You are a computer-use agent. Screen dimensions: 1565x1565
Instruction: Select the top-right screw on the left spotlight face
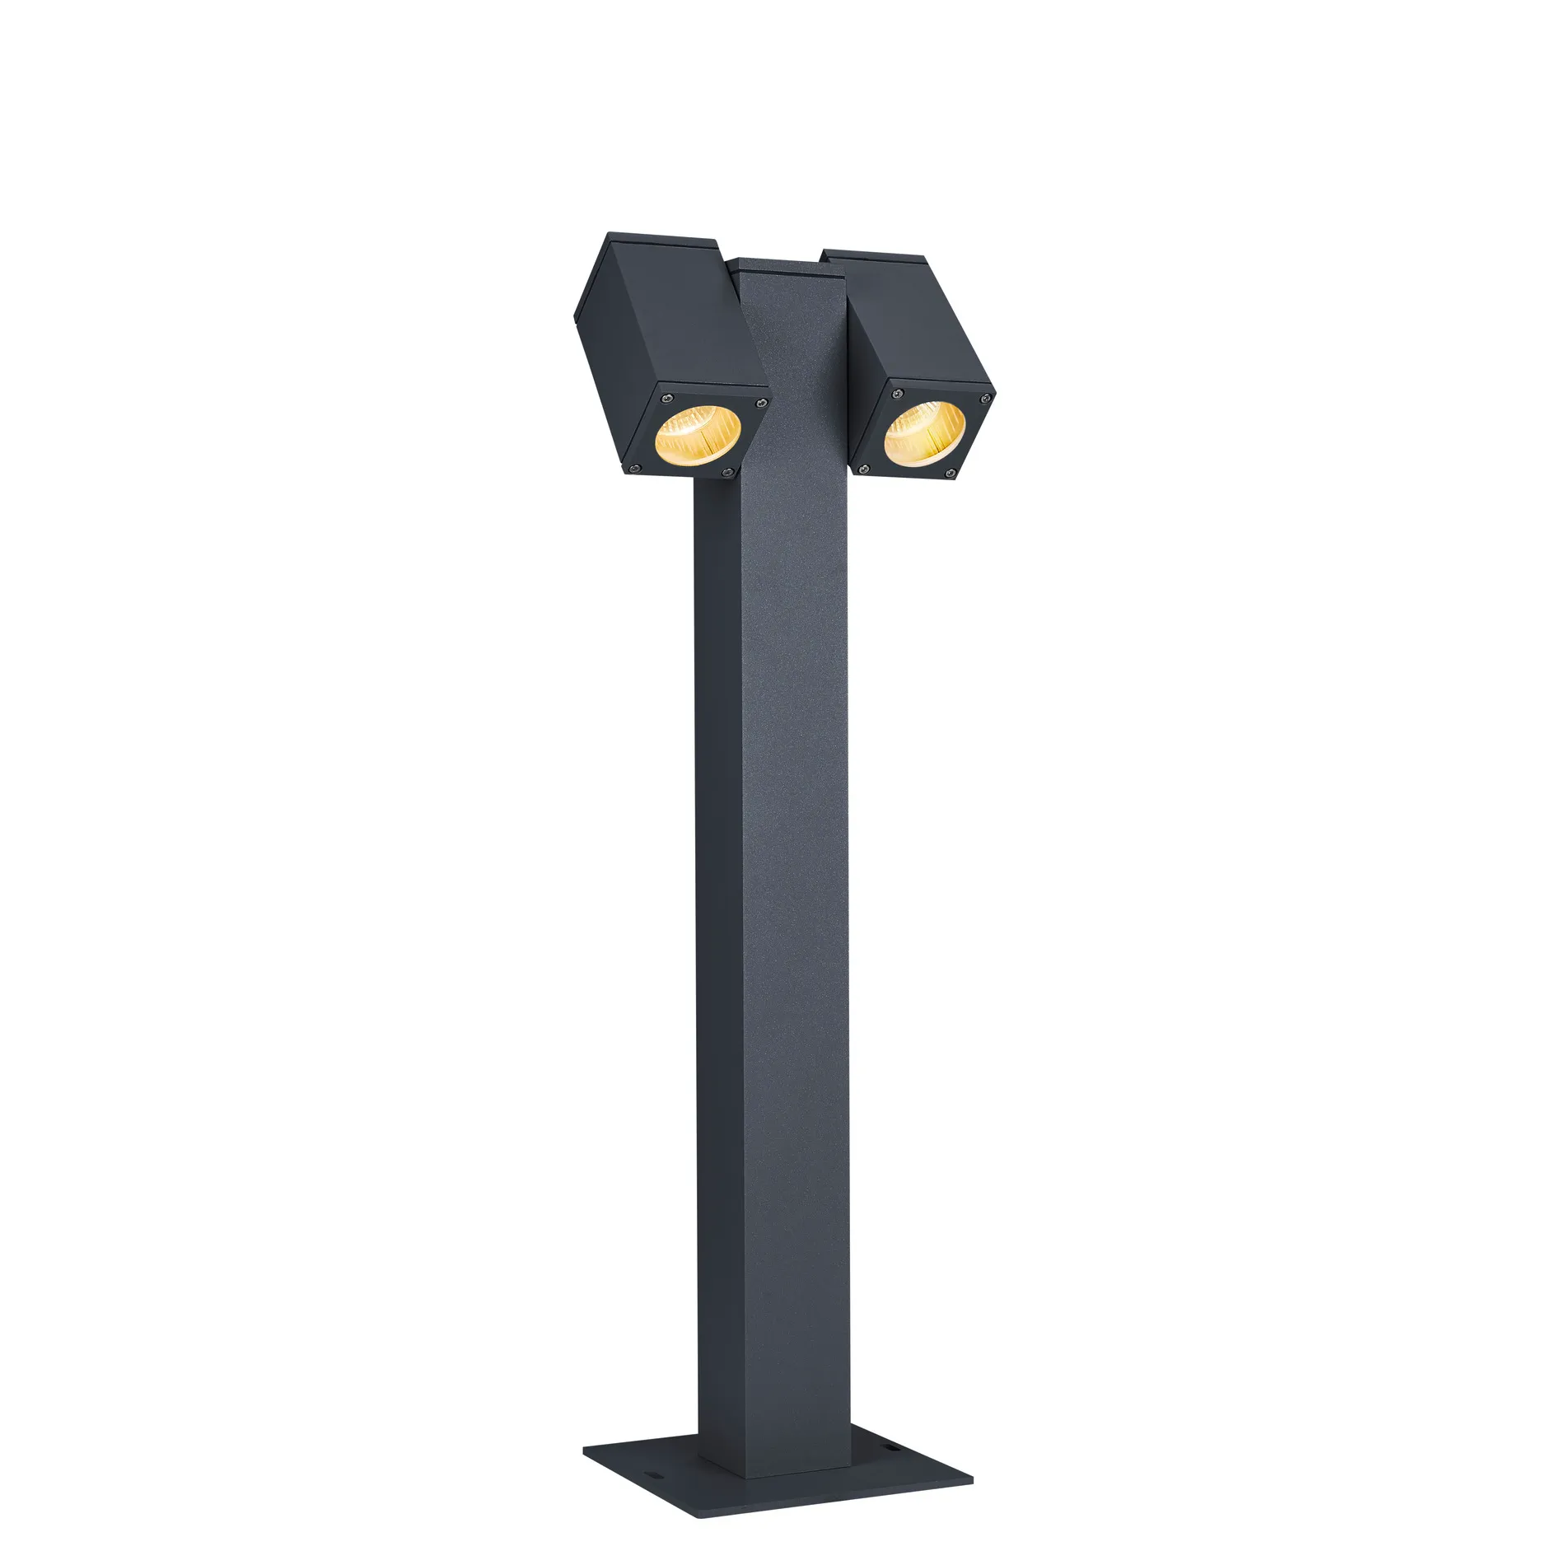point(762,403)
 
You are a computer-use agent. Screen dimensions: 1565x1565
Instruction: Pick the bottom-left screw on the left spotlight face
point(634,469)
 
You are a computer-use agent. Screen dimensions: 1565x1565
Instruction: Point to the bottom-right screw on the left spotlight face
point(727,472)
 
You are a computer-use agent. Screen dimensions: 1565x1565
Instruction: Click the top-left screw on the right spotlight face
point(898,394)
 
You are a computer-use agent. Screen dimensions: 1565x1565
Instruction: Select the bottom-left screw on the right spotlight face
point(864,469)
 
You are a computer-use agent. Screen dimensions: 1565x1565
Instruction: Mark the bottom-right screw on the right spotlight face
point(951,473)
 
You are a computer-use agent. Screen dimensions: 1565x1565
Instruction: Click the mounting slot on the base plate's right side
point(891,1447)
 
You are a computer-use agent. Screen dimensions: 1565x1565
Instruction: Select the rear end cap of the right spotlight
point(877,256)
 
